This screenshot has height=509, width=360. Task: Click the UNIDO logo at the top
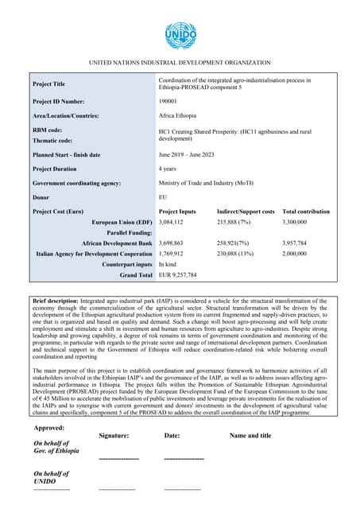click(x=180, y=36)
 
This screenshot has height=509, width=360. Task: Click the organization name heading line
click(x=180, y=62)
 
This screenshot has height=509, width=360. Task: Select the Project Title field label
click(x=49, y=84)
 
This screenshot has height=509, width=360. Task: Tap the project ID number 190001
click(x=168, y=101)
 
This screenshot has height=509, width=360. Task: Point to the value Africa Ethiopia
click(x=177, y=116)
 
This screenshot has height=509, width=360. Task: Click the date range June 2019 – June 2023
click(x=190, y=154)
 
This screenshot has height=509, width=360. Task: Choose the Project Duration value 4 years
click(x=169, y=169)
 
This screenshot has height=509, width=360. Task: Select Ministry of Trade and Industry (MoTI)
click(x=206, y=183)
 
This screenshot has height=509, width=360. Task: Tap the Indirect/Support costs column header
click(x=246, y=212)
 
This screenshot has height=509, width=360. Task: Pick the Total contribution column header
click(x=306, y=212)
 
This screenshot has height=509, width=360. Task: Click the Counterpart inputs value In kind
click(x=168, y=264)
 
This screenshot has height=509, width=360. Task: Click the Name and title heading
click(x=250, y=436)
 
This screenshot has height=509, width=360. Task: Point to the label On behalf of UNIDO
click(x=48, y=476)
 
